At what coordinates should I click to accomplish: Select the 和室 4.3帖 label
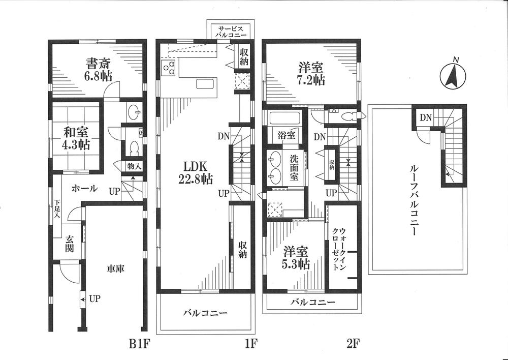[77, 138]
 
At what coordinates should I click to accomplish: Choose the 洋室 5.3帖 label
[297, 257]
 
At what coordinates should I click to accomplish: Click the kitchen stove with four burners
[168, 67]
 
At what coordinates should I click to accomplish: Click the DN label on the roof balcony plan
[425, 118]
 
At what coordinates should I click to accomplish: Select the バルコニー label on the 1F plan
[205, 313]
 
